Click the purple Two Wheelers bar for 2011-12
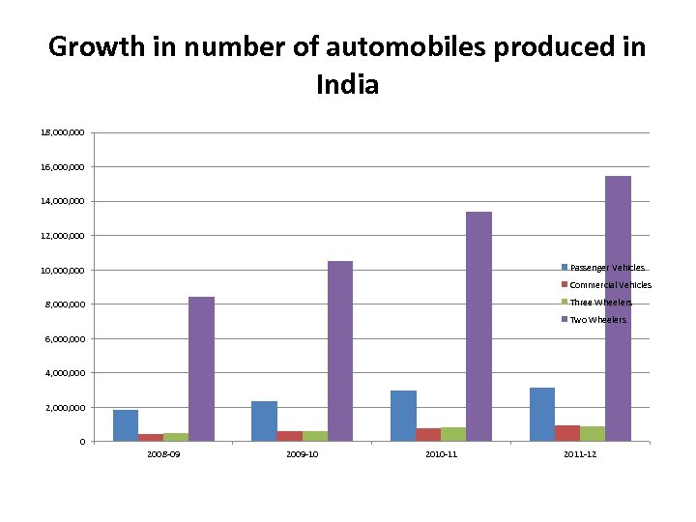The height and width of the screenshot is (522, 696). click(x=618, y=308)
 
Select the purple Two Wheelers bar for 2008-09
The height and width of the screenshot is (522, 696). click(x=201, y=368)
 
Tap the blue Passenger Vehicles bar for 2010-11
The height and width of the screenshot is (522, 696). click(x=403, y=416)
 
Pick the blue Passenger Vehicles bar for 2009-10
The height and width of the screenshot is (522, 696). click(x=264, y=420)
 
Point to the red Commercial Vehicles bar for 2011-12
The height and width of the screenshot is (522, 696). click(x=567, y=433)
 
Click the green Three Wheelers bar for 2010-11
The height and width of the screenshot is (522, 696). click(x=453, y=434)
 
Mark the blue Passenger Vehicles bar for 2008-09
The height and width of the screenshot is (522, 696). click(x=126, y=425)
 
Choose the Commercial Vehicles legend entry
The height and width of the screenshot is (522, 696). click(x=609, y=285)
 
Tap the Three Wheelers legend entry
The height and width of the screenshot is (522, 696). click(x=599, y=303)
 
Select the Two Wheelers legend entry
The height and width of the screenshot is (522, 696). click(x=597, y=320)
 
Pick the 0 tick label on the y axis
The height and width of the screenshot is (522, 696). click(x=82, y=442)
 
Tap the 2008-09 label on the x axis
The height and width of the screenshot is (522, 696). click(x=163, y=454)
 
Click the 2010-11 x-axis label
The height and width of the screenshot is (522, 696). click(x=441, y=454)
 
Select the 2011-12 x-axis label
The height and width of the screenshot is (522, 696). click(x=579, y=454)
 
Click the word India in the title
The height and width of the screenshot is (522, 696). click(x=347, y=85)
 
